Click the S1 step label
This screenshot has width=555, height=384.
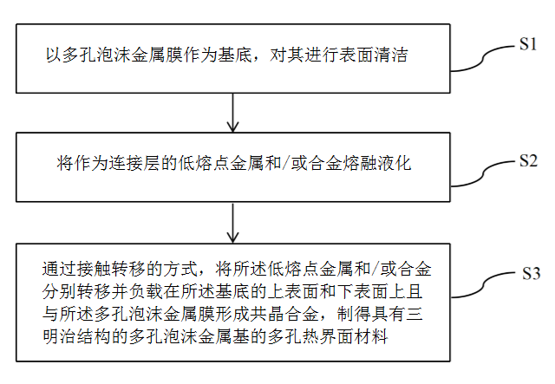528,44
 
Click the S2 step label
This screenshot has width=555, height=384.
528,160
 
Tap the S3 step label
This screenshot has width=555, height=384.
532,274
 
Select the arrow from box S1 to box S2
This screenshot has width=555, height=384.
232,113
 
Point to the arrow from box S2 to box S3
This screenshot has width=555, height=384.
232,223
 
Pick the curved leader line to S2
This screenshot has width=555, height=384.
483,174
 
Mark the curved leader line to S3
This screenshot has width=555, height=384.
483,286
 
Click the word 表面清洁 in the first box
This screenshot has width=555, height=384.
373,55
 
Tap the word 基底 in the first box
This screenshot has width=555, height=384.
234,55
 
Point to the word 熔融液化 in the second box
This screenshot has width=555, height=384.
376,164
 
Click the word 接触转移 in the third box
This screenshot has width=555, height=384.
111,270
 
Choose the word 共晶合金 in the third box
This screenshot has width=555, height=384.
284,314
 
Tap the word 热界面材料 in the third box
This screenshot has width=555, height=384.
345,335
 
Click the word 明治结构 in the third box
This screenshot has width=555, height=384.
77,335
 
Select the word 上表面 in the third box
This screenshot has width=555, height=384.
292,291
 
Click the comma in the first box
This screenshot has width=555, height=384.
258,61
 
